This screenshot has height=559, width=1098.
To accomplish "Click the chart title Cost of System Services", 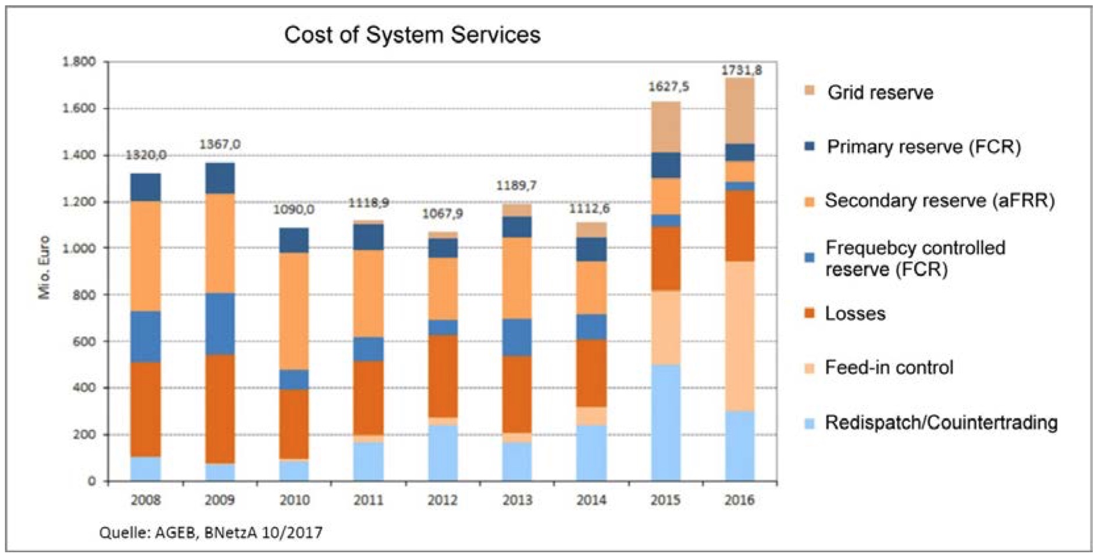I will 412,35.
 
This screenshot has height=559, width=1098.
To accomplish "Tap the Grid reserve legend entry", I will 880,92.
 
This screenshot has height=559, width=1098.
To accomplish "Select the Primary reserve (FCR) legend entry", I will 924,146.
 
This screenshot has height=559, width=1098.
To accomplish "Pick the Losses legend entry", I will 855,314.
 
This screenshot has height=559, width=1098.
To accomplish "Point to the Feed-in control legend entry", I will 889,368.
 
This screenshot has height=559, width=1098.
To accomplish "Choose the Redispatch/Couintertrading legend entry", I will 940,422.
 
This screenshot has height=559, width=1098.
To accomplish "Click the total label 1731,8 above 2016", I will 741,70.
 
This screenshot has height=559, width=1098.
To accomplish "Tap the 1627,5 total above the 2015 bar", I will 668,87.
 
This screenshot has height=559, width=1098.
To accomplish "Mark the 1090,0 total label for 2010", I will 294,209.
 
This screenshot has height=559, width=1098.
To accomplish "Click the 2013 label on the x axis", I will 517,500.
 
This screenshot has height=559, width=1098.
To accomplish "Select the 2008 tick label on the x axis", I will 145,500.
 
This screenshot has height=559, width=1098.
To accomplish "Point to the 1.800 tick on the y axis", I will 79,62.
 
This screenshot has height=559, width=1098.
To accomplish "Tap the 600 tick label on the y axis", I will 84,342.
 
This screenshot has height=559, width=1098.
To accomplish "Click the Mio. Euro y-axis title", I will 44,267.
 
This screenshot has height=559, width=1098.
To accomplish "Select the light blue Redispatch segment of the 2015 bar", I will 666,422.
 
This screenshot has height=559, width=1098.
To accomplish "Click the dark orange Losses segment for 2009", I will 220,409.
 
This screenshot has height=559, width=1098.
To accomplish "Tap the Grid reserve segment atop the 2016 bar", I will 740,110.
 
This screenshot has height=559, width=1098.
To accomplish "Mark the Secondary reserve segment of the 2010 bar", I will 294,311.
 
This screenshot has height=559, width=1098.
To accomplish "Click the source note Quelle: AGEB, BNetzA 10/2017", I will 211,532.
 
